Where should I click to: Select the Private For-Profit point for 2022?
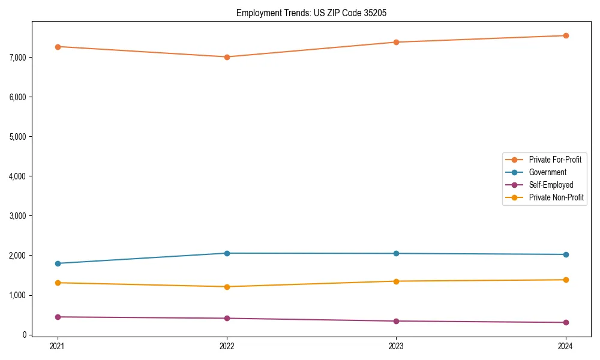227,57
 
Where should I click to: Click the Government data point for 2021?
58,263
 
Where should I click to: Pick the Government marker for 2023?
396,253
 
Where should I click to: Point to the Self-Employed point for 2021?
58,317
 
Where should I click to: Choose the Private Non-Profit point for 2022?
227,287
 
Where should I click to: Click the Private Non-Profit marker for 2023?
396,281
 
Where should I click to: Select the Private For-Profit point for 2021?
58,46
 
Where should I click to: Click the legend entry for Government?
547,172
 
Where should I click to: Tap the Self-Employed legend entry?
551,185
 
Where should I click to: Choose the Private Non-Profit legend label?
556,197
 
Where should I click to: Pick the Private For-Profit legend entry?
555,160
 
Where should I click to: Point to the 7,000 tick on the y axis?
18,58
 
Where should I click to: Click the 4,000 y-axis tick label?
18,176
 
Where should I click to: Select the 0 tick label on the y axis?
25,335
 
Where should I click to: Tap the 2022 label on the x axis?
227,346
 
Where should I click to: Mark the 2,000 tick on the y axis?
18,256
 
